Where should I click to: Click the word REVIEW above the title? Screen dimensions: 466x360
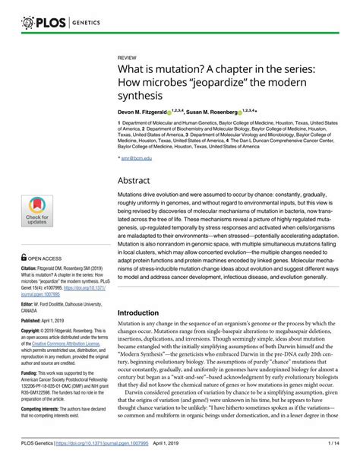pos(128,58)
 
